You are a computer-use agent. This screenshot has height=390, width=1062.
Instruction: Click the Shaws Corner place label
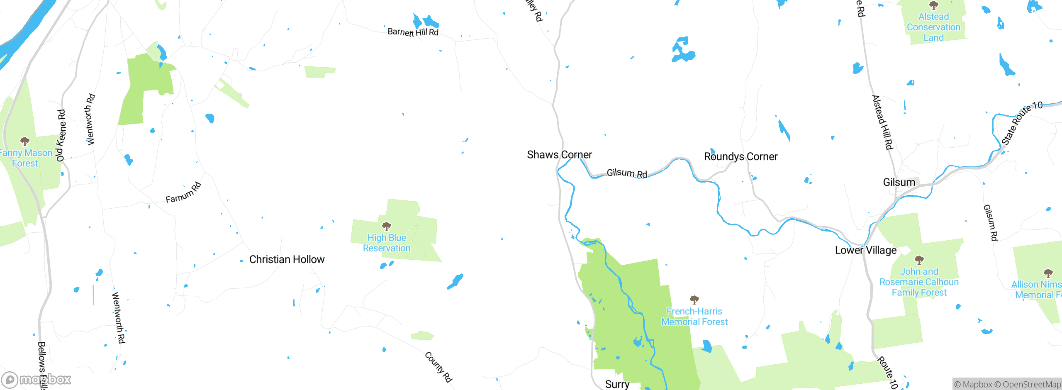(x=559, y=155)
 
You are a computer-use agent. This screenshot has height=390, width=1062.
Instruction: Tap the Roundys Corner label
(x=740, y=156)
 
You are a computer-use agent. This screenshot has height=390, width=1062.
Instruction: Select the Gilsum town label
(x=899, y=182)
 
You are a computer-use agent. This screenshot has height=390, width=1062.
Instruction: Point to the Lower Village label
(x=866, y=250)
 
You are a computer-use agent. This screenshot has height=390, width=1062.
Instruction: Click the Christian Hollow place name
(x=287, y=259)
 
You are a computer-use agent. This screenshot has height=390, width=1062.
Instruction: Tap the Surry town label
(x=617, y=384)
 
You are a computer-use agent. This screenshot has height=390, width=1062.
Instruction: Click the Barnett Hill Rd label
(x=413, y=32)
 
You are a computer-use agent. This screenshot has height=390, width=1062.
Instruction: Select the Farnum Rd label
(x=183, y=193)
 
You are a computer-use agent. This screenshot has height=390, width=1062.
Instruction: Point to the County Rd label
(x=438, y=367)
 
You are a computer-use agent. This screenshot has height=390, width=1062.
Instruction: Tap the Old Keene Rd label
(x=61, y=135)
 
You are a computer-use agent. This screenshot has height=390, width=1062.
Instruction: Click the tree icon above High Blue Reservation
(x=387, y=226)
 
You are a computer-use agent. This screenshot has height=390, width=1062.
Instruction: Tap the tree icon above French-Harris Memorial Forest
(x=694, y=300)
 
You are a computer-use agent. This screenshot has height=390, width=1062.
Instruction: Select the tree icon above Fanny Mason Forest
(x=25, y=141)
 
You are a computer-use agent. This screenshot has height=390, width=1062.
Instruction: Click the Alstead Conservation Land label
(x=933, y=27)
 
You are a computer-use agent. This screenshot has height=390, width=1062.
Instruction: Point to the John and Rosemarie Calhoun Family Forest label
(x=919, y=282)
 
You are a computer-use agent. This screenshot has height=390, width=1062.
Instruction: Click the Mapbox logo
(x=37, y=379)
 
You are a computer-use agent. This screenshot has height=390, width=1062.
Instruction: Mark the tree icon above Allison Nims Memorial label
(x=1048, y=273)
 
